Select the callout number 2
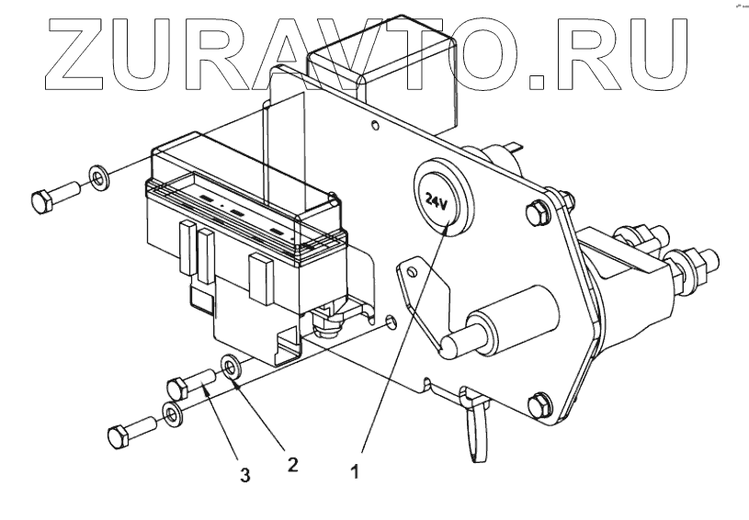293,464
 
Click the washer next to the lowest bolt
172,414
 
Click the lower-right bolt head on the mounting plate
541,401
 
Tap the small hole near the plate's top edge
374,124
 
